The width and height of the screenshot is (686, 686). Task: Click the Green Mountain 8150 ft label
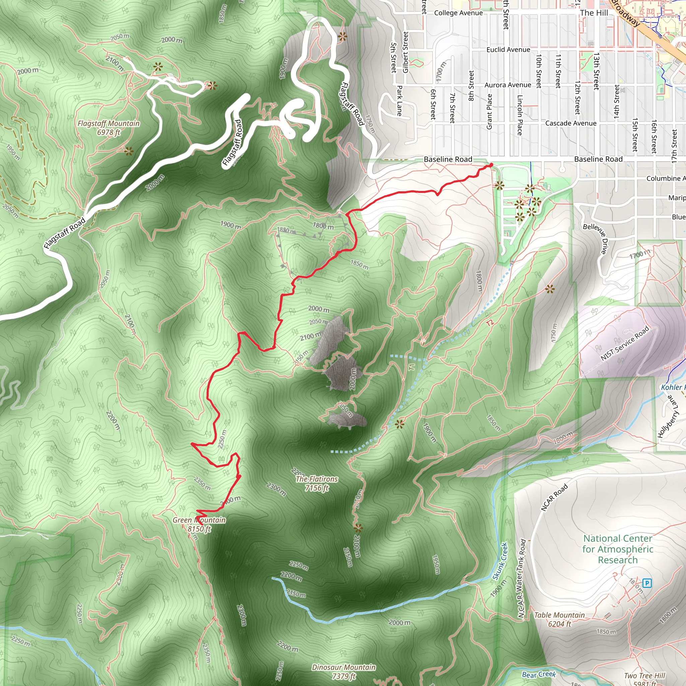click(x=199, y=525)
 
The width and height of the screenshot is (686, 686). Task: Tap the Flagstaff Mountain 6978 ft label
click(x=109, y=128)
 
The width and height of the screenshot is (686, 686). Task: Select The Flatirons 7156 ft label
click(x=317, y=484)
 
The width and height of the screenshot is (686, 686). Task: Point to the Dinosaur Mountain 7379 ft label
click(x=344, y=672)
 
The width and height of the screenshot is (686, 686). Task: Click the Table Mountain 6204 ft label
click(x=559, y=620)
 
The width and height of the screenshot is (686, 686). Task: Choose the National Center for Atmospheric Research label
click(x=617, y=549)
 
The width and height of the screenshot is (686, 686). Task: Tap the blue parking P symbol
click(x=647, y=583)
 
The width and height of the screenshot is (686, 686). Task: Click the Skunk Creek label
click(x=500, y=561)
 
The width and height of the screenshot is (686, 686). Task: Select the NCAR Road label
click(x=554, y=497)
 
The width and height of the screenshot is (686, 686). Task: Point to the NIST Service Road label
click(x=625, y=343)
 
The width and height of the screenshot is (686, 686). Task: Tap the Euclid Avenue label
click(x=508, y=50)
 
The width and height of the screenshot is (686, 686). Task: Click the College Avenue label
click(x=459, y=13)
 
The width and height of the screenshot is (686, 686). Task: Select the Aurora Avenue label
click(x=508, y=85)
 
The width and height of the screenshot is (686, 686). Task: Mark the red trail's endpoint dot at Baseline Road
click(x=491, y=165)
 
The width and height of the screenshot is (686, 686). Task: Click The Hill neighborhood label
click(x=594, y=13)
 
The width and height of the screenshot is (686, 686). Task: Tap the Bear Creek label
click(x=539, y=674)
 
